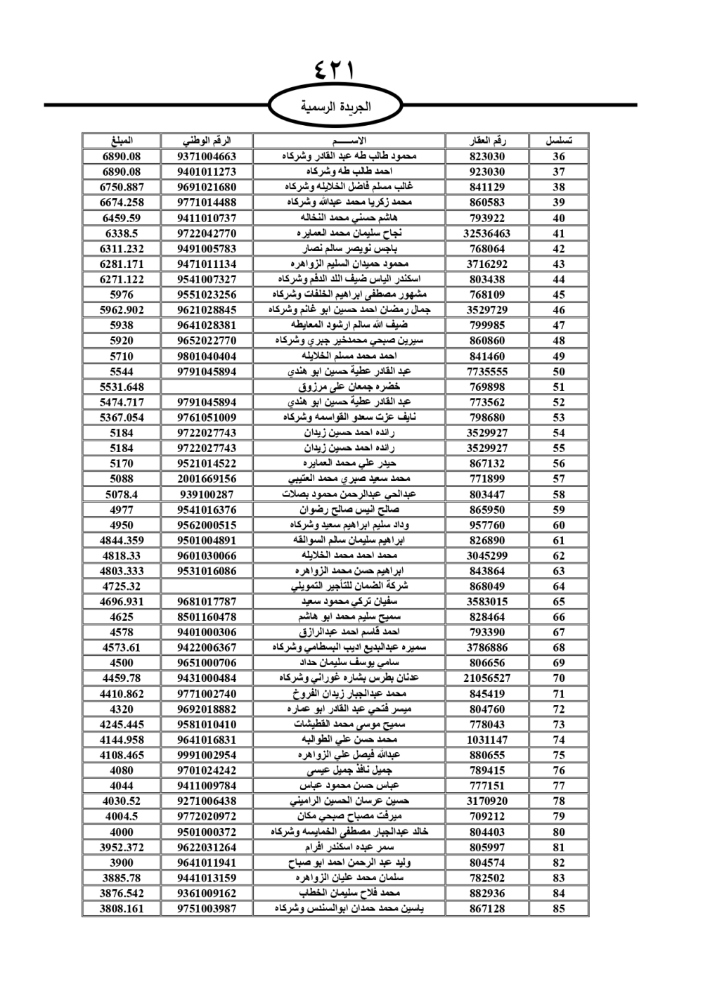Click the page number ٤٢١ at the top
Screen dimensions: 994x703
(335, 71)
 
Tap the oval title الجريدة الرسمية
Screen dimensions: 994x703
(335, 107)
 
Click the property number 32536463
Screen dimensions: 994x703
(487, 233)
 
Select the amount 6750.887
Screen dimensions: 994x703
(122, 187)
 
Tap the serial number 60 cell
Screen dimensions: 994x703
(559, 525)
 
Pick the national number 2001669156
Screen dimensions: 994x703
(207, 479)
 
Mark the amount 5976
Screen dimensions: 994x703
(122, 295)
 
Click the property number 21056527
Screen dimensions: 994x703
(487, 678)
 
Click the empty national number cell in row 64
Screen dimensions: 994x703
(207, 586)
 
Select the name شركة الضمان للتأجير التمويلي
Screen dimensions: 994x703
(349, 586)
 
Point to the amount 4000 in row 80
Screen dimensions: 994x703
(122, 832)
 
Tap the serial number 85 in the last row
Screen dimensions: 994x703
(559, 908)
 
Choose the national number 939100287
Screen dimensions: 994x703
(207, 494)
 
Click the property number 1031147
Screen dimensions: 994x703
(487, 740)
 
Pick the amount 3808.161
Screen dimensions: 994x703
(122, 908)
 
